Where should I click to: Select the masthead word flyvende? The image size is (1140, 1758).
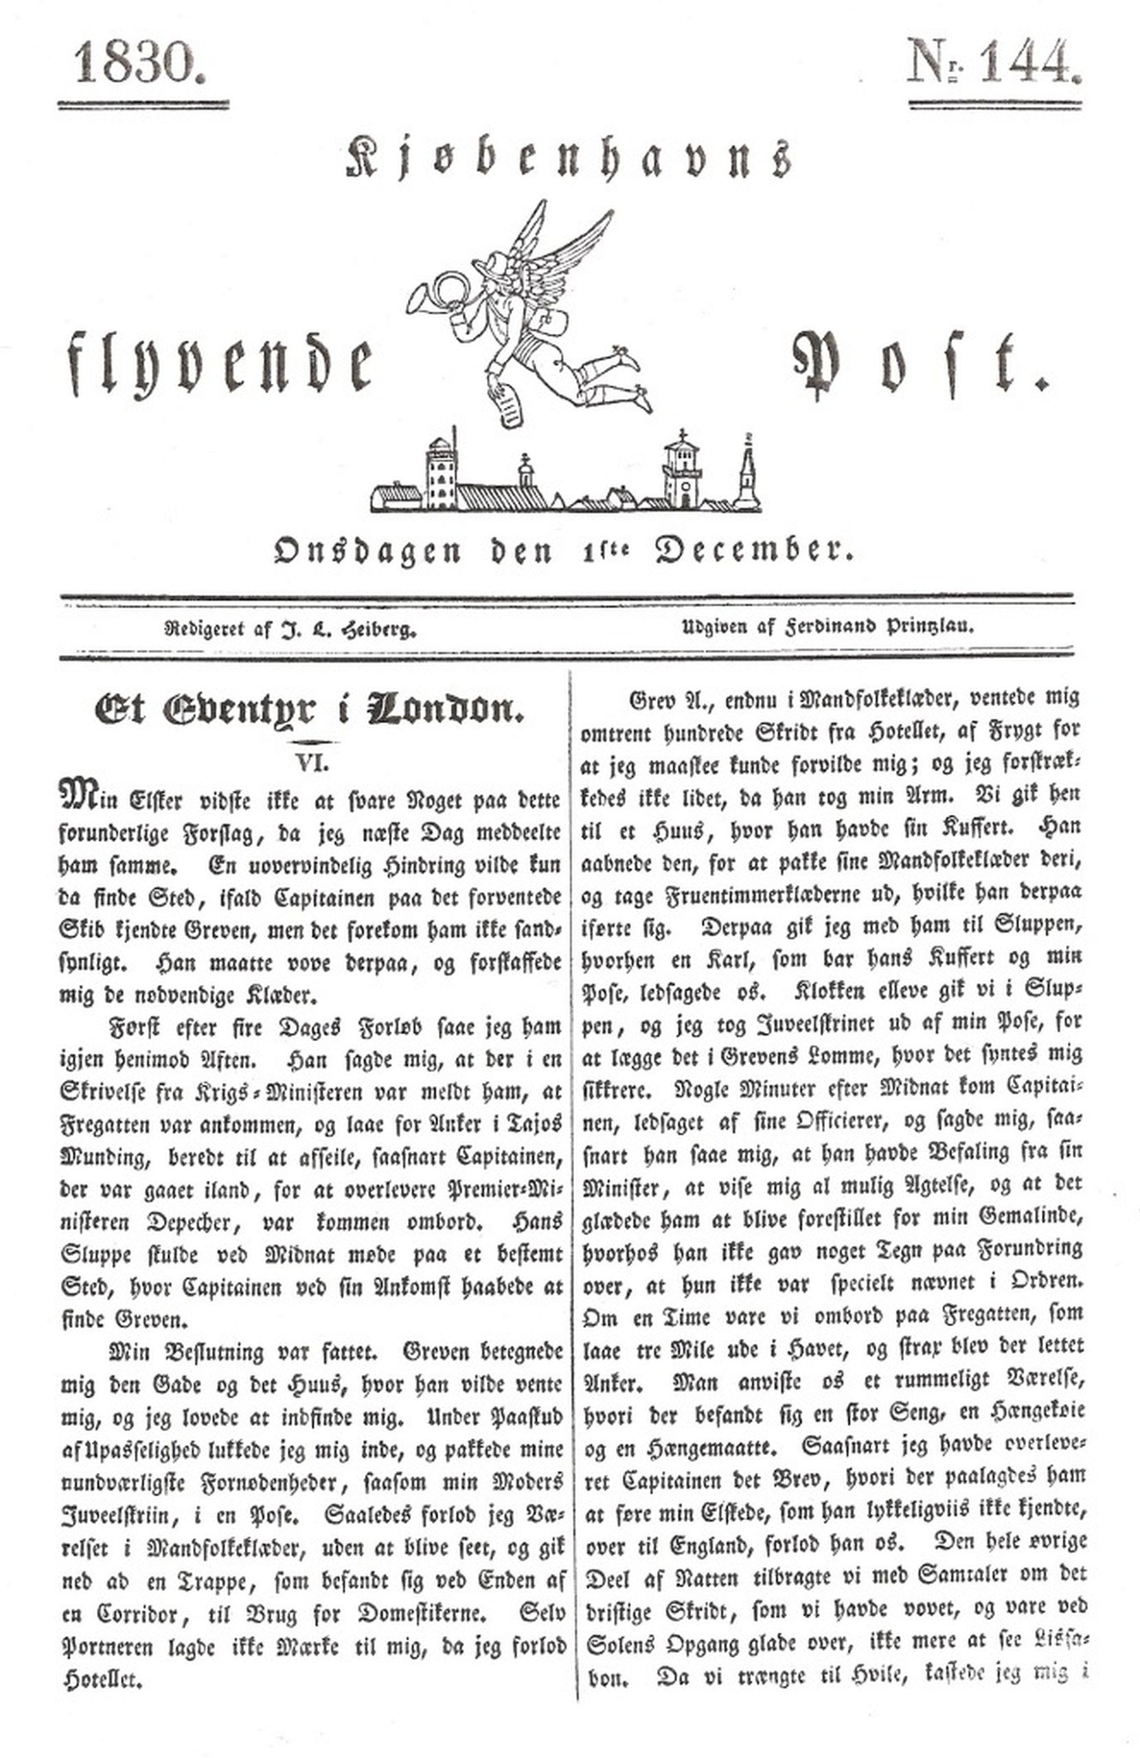click(220, 364)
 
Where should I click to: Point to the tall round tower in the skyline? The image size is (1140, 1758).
click(441, 472)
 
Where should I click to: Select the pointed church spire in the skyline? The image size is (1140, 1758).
click(747, 472)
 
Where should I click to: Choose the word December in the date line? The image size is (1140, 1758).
click(753, 550)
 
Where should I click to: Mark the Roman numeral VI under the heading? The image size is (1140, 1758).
click(312, 763)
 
